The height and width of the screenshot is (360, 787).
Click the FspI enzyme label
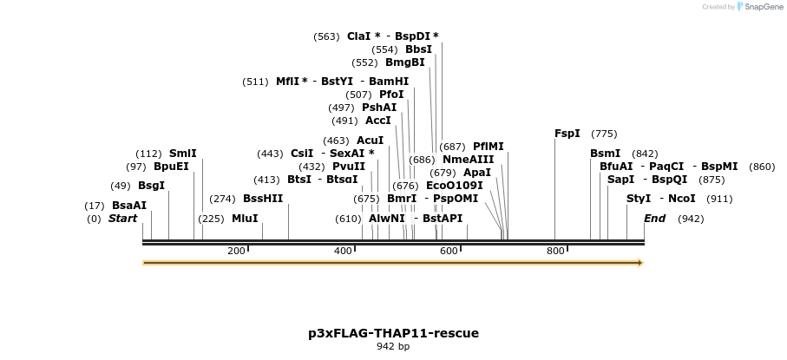point(567,134)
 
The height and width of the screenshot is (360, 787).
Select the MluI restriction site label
point(245,219)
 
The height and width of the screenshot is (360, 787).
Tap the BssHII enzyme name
point(263,199)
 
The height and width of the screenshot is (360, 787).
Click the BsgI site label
point(151,186)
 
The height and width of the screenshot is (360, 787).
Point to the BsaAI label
point(129,206)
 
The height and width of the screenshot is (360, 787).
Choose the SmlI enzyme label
point(182,154)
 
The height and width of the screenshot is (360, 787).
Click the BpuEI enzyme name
point(171,167)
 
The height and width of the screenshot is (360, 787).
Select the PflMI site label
point(488,147)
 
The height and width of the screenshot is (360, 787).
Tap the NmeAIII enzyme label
point(468,160)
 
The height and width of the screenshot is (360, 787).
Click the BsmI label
point(606,154)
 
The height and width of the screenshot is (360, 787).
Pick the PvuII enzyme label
point(348,167)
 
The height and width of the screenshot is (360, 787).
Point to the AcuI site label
point(371,141)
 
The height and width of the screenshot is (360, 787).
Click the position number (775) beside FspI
point(604,134)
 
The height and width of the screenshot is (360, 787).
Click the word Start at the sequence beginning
point(122,219)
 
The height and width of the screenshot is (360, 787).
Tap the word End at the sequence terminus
point(654,219)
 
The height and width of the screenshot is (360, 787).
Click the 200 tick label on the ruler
point(236,252)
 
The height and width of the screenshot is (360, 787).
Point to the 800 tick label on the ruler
point(555,252)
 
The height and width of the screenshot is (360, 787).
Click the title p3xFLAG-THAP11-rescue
point(393,333)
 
